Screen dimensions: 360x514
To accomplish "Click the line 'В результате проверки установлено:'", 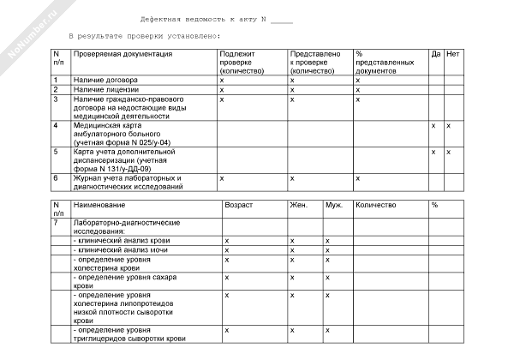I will [x=143, y=36].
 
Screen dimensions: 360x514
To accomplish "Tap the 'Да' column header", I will [x=435, y=54].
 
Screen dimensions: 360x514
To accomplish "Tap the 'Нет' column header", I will [x=453, y=54].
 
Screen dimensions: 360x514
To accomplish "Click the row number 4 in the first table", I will [x=56, y=125].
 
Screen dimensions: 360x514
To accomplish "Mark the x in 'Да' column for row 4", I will [x=433, y=125].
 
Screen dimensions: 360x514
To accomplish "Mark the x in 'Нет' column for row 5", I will [x=448, y=152].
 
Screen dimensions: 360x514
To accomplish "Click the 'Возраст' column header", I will [x=238, y=206].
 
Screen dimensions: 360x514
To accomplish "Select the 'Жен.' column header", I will [x=299, y=206].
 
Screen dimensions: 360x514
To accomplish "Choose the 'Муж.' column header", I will [x=333, y=206].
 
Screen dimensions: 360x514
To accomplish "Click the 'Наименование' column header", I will [x=99, y=206].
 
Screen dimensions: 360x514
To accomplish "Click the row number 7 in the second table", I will [x=56, y=223].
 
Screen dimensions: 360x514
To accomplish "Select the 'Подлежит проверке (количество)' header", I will [x=243, y=63].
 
